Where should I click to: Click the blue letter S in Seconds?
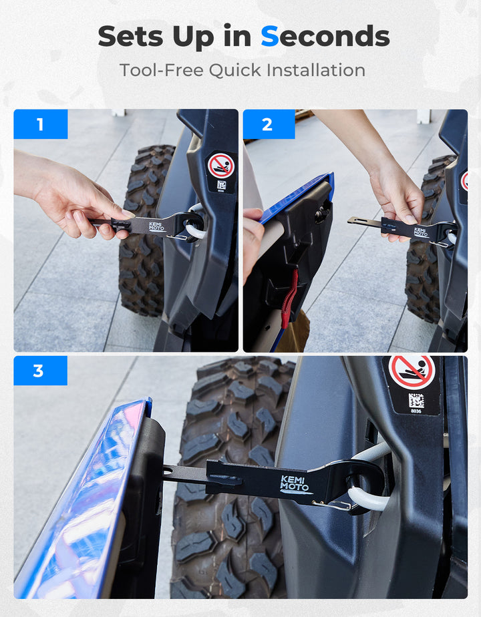coord(270,36)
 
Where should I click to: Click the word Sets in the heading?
coord(130,36)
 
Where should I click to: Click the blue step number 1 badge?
coord(41,124)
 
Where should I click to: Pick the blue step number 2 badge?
coord(269,124)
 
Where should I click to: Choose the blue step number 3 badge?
coord(41,371)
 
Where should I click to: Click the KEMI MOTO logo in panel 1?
coord(157,226)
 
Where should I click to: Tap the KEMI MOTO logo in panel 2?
coord(420,232)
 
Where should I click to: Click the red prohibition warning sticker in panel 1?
coord(221,166)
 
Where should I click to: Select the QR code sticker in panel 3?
coord(416,401)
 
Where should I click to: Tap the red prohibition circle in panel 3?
coord(412,372)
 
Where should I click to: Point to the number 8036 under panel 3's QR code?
coord(416,411)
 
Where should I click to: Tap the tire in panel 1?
coord(144,232)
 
